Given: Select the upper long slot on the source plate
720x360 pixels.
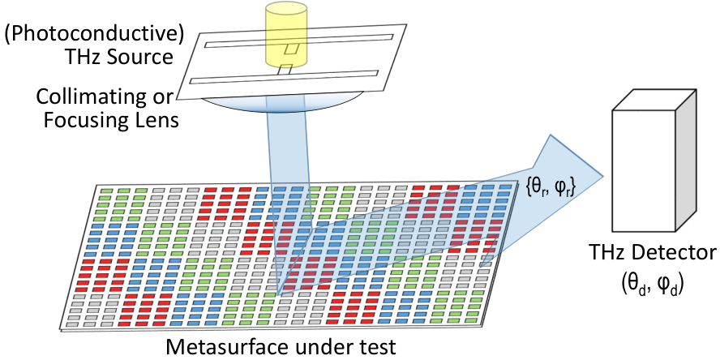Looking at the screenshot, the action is click(x=298, y=41).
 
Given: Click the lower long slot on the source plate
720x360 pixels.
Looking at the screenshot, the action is click(x=284, y=77).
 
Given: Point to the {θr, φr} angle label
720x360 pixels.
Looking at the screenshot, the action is click(x=551, y=187).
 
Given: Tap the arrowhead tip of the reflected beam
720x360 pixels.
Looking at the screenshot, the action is click(x=602, y=176).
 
